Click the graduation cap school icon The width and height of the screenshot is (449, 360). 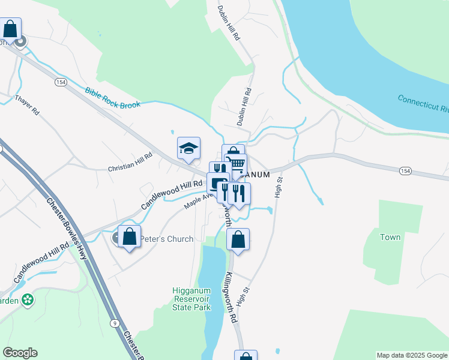(188, 148)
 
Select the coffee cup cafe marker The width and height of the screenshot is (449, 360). (217, 183)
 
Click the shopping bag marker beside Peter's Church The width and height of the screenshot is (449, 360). (129, 236)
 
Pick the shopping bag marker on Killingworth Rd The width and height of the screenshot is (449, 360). (238, 239)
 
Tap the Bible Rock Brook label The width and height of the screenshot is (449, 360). (113, 97)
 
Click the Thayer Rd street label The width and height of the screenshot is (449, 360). (27, 104)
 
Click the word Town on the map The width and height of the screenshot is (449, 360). (390, 237)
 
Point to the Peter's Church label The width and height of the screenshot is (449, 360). (167, 239)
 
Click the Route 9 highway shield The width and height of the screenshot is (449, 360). (114, 323)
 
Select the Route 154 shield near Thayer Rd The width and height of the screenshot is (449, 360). (59, 82)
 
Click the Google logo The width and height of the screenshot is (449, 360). (20, 353)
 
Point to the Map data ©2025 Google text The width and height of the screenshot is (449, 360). (411, 355)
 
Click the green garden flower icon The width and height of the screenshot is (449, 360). (27, 299)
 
